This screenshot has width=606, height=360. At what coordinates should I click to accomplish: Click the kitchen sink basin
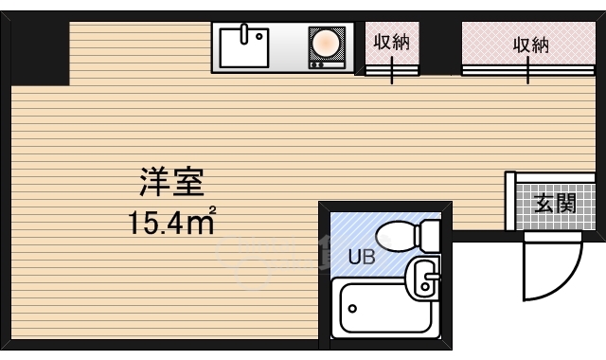(245, 45)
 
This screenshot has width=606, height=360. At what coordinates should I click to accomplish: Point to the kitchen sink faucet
(245, 33)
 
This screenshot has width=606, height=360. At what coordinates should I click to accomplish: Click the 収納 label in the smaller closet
(391, 44)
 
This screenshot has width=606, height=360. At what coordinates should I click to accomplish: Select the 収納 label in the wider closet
(531, 44)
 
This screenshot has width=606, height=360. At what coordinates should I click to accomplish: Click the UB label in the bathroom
(360, 256)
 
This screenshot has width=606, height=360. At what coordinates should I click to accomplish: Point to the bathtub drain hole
(352, 308)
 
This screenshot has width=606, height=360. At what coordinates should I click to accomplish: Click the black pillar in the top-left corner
(40, 52)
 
